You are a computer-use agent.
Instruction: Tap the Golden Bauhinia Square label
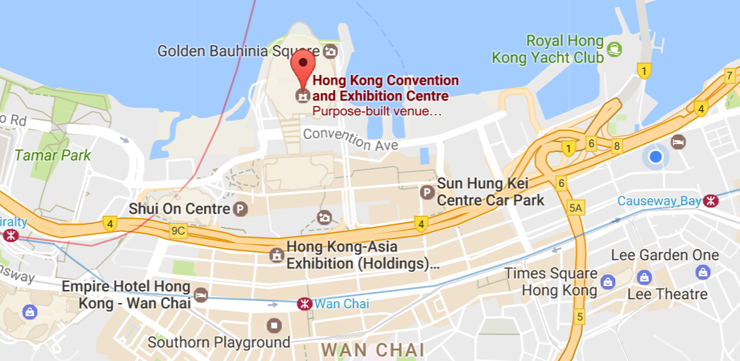tap(240, 51)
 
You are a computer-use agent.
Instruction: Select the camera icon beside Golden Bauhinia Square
tap(331, 51)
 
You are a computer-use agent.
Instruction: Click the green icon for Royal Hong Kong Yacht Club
tap(614, 49)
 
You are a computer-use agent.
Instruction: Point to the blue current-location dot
tap(655, 157)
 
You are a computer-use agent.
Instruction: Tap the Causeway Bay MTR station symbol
tap(711, 201)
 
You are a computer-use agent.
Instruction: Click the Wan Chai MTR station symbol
tap(303, 304)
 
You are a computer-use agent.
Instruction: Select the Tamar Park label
tap(53, 156)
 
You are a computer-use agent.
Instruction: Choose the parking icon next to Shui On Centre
tap(241, 209)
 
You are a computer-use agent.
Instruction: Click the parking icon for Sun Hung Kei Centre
tap(427, 192)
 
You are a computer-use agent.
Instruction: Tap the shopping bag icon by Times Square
tap(607, 282)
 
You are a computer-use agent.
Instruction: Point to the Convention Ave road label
tap(350, 139)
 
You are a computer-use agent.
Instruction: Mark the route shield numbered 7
tap(730, 76)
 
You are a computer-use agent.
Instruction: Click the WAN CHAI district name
tap(373, 350)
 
